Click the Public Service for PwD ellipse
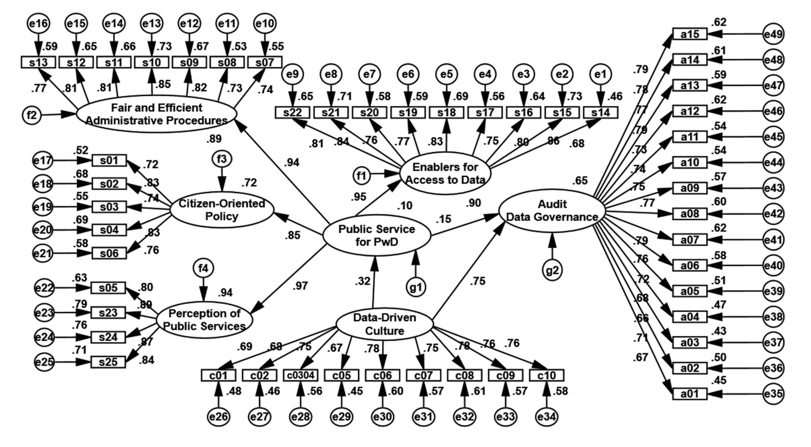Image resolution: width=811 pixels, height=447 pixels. (x=377, y=235)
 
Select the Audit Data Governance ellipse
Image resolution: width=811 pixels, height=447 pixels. (x=552, y=210)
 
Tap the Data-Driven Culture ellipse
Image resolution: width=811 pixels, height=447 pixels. (x=384, y=324)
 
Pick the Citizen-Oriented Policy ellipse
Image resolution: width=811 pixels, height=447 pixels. (x=222, y=210)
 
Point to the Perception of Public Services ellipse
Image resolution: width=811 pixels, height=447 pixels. (x=204, y=320)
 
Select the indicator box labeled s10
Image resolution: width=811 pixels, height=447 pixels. (x=151, y=62)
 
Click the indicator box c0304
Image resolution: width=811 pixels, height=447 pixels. (x=301, y=375)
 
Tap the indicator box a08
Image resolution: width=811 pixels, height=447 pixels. (x=690, y=214)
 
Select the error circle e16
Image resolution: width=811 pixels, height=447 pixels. (x=38, y=23)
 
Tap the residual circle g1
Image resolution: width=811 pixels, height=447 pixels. (x=416, y=287)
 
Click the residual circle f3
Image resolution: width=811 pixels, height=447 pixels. (x=222, y=159)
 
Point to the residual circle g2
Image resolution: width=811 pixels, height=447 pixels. (x=552, y=270)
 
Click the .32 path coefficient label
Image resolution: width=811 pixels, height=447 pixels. (x=362, y=281)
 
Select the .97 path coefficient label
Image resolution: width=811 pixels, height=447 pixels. (x=300, y=286)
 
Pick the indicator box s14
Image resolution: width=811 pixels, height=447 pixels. (x=600, y=113)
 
